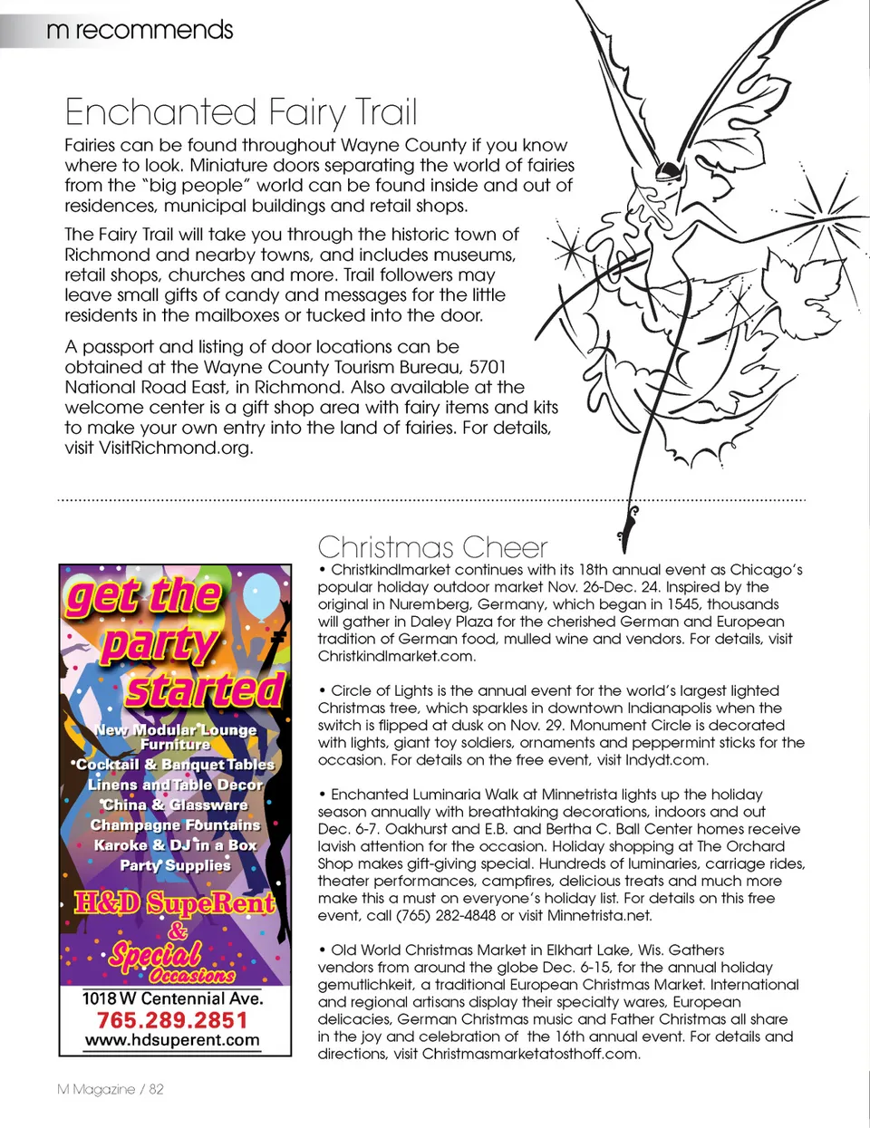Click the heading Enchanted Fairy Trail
(x=241, y=112)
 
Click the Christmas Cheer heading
(x=432, y=547)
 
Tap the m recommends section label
(x=140, y=30)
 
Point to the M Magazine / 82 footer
(x=111, y=1089)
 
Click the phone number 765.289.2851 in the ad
(x=172, y=1020)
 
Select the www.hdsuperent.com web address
(x=172, y=1040)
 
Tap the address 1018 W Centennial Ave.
(x=172, y=998)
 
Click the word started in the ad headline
(x=205, y=689)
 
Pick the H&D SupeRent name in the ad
(x=174, y=902)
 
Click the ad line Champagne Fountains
(x=175, y=824)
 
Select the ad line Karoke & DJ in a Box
(x=175, y=844)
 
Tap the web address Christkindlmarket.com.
(x=396, y=656)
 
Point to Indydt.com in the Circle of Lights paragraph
(x=666, y=760)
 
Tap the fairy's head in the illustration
(x=669, y=169)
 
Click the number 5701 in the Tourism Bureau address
(x=487, y=367)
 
